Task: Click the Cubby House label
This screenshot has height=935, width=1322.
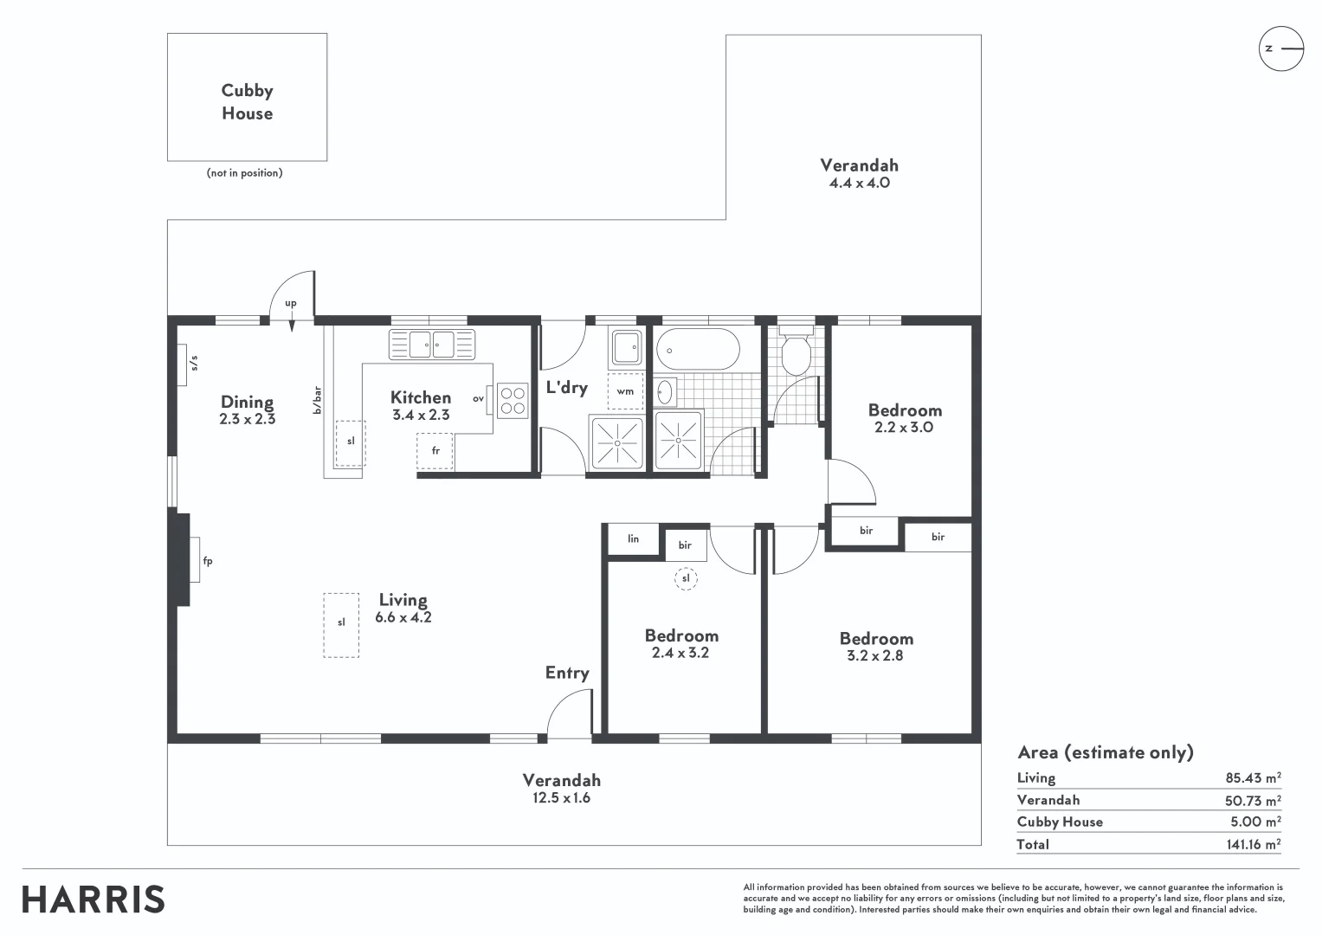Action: click(247, 102)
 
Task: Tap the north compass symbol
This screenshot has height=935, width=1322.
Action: click(1280, 48)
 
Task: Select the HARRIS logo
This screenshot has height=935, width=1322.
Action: click(94, 900)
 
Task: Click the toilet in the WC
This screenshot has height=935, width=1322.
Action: click(795, 351)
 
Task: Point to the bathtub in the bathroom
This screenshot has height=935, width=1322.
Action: click(698, 348)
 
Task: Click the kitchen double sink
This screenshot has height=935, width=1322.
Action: click(432, 344)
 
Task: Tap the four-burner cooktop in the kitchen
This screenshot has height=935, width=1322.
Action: click(513, 401)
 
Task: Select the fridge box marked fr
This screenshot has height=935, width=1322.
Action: click(435, 451)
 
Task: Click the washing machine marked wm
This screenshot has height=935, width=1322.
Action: click(625, 391)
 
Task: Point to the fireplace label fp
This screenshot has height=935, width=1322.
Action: click(207, 561)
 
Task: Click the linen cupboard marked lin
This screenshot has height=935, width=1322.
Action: click(633, 538)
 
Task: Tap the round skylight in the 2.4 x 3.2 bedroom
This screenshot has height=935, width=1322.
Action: click(686, 577)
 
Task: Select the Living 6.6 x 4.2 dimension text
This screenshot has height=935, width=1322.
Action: click(403, 617)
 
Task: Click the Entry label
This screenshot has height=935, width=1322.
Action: click(567, 673)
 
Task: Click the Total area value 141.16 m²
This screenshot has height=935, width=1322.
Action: click(1253, 844)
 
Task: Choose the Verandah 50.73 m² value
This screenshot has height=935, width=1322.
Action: click(1253, 801)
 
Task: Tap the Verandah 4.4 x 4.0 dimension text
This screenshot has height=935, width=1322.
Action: click(859, 183)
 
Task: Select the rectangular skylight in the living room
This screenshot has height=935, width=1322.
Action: click(341, 624)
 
